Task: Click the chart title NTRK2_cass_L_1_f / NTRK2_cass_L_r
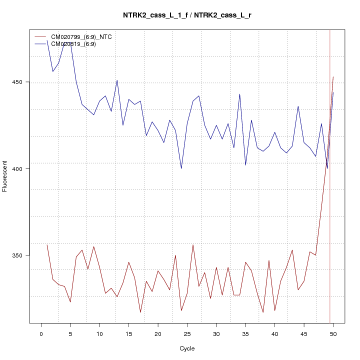pyautogui.click(x=187, y=15)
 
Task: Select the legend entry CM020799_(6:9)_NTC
pyautogui.click(x=85, y=36)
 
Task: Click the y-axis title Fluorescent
pyautogui.click(x=5, y=176)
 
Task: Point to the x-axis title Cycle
pyautogui.click(x=187, y=348)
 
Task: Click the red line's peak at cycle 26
pyautogui.click(x=193, y=244)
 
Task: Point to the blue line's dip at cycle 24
pyautogui.click(x=181, y=168)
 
